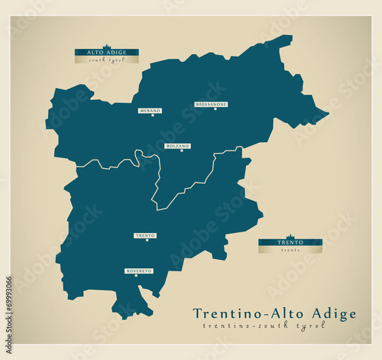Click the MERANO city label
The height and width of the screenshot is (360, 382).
click(x=150, y=111)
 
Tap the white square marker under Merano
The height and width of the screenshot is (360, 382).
click(x=152, y=116)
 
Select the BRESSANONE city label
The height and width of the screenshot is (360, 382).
click(x=211, y=104)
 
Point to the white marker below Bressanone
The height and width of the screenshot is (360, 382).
click(x=215, y=109)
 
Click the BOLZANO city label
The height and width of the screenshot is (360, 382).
click(x=177, y=145)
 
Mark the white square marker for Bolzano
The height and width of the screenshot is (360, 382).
click(x=181, y=151)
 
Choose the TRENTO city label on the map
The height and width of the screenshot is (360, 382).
click(x=145, y=235)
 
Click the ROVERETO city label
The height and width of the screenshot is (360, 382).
click(x=139, y=271)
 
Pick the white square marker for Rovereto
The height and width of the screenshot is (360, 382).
click(x=137, y=277)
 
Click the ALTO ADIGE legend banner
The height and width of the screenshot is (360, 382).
click(x=106, y=53)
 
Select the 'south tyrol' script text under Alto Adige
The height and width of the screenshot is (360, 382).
click(x=106, y=60)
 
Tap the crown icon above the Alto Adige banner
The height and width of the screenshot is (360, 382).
click(x=106, y=47)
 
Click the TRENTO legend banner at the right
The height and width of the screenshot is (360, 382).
click(x=290, y=242)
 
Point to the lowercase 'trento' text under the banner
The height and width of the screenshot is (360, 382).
click(x=290, y=250)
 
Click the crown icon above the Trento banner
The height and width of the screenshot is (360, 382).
click(x=290, y=237)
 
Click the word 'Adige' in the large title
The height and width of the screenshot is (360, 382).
click(x=331, y=313)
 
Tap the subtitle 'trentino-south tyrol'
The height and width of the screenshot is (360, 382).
click(x=264, y=326)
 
